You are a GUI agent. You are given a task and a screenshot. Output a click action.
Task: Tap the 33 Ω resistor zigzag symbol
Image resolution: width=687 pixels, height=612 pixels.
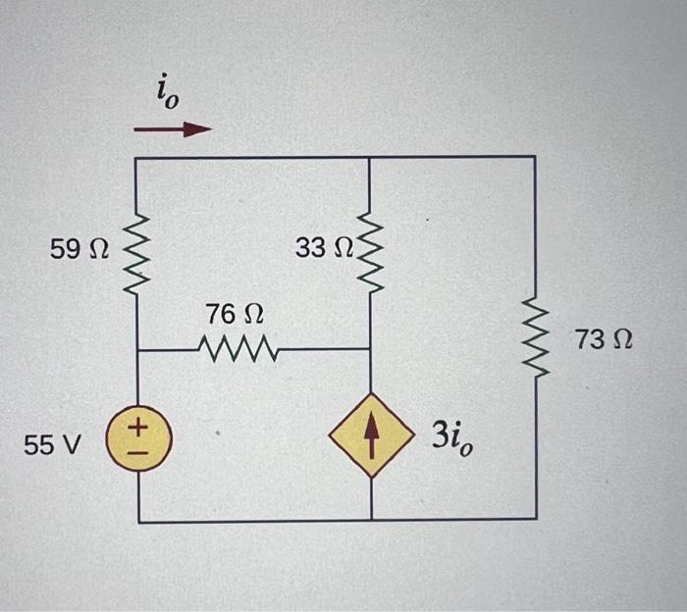click(369, 250)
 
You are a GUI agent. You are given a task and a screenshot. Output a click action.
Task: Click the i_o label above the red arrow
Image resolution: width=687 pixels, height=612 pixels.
click(165, 95)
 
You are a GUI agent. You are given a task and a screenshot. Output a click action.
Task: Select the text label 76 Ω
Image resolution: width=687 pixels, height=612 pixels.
click(235, 315)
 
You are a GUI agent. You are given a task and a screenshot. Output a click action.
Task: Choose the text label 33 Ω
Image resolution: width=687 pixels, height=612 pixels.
click(323, 248)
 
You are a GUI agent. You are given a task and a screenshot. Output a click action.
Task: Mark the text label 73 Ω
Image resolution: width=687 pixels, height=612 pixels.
click(604, 341)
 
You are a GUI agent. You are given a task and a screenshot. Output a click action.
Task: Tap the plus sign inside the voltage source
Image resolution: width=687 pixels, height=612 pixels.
click(138, 429)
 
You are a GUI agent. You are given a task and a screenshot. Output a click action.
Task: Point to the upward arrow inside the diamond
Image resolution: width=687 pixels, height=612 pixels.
click(370, 436)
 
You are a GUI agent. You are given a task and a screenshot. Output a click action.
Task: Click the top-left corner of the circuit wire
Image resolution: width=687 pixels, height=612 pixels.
click(135, 158)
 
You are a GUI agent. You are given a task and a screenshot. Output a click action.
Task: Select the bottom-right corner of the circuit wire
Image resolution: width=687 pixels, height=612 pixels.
click(536, 519)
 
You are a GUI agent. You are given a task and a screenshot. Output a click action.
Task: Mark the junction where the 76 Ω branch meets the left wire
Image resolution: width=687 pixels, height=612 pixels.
click(136, 349)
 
